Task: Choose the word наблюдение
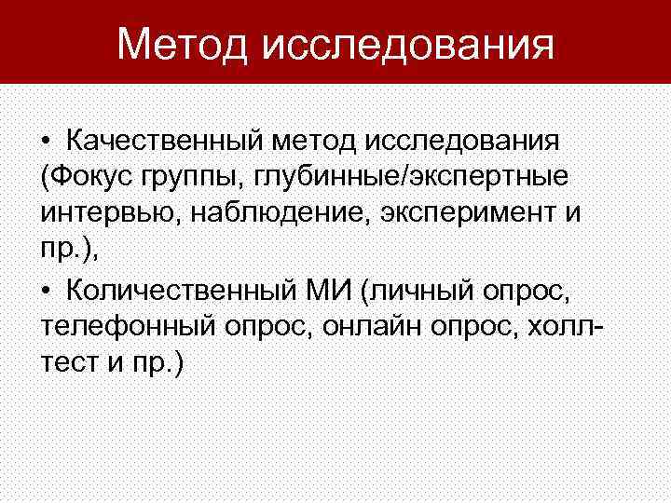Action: coord(271,212)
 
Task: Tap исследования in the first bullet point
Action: coord(464,143)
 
